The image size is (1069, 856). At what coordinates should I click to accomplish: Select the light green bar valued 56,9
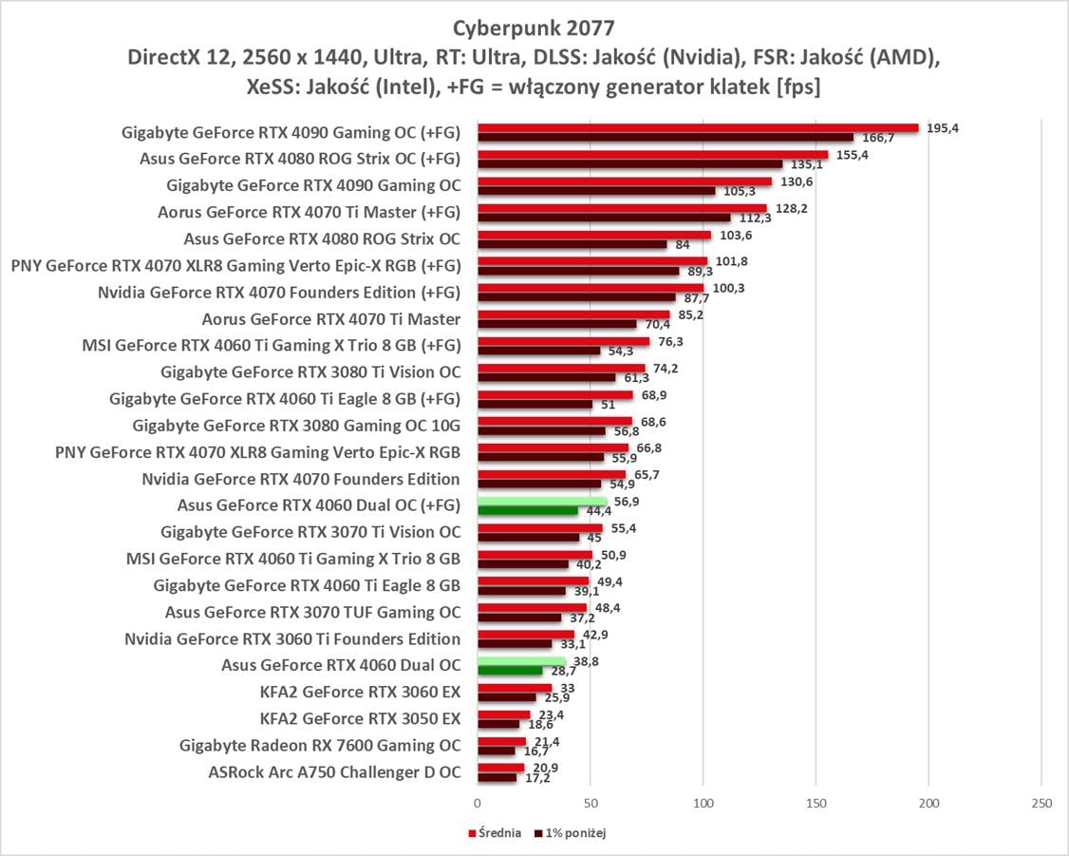tap(541, 501)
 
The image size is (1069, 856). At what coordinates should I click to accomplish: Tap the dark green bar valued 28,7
tap(509, 671)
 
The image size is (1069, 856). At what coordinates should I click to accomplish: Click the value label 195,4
tap(942, 128)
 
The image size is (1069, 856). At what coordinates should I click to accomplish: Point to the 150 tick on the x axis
tap(816, 804)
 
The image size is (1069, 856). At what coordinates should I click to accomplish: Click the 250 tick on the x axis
tap(1041, 804)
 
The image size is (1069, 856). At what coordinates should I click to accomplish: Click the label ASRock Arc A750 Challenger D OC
tap(334, 772)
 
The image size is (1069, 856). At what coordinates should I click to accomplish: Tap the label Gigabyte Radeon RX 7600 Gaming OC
tap(320, 746)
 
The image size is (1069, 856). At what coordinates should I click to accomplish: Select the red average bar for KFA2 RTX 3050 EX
tap(503, 714)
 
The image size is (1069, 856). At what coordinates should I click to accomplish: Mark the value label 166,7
tap(877, 139)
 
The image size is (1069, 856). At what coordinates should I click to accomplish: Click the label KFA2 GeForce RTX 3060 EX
tap(360, 692)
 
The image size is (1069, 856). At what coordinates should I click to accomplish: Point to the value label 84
tap(682, 245)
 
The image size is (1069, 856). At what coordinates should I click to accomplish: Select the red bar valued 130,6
tap(624, 181)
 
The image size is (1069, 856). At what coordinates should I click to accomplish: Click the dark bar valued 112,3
tap(604, 218)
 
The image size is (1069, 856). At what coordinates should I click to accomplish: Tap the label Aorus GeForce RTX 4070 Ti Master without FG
tap(331, 319)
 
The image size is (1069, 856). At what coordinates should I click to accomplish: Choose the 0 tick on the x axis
tap(478, 804)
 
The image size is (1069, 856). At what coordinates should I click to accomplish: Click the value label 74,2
tap(666, 368)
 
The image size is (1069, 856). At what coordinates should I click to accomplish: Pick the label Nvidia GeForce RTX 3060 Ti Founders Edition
tap(292, 638)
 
